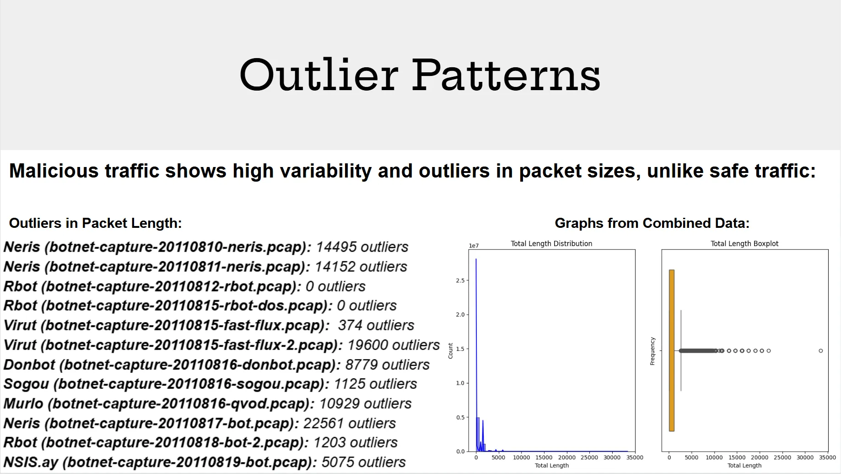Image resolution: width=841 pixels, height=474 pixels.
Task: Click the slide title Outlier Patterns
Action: tap(420, 75)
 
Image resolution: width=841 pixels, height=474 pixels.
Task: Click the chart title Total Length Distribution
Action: tap(551, 244)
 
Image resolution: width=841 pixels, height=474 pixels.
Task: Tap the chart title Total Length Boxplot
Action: tap(744, 244)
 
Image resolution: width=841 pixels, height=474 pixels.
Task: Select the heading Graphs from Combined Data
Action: tap(652, 223)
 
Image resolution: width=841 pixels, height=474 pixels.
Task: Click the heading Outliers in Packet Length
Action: tap(95, 223)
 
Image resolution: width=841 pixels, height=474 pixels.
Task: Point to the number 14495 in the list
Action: tap(336, 247)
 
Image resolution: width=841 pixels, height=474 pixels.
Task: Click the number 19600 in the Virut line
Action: tap(368, 345)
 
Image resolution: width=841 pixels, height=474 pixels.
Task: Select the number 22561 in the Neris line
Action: tap(324, 423)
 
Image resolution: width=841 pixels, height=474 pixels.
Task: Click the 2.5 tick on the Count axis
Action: tap(460, 280)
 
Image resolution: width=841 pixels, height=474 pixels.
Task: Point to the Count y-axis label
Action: tap(450, 351)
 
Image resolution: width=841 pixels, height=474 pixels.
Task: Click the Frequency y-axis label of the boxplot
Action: tap(652, 351)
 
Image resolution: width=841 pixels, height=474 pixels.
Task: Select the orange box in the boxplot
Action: tap(671, 350)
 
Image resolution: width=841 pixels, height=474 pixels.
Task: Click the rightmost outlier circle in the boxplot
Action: tap(820, 351)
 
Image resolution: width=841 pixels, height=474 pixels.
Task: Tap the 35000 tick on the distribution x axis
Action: tap(634, 458)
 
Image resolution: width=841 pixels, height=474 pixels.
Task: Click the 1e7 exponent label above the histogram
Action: tap(474, 246)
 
